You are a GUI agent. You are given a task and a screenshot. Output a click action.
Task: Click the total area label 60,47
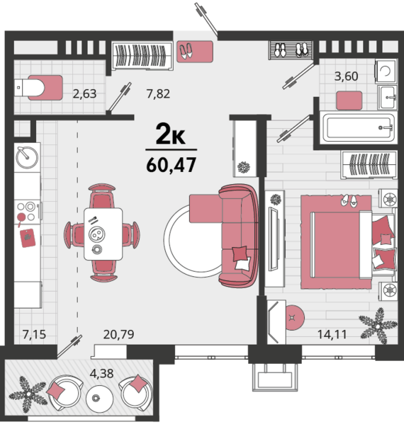[172, 165]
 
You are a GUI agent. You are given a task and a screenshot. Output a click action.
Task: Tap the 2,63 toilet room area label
[84, 94]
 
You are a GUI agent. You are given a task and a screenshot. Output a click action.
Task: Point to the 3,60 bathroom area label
[346, 76]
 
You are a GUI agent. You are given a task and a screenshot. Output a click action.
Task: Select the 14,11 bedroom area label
[332, 334]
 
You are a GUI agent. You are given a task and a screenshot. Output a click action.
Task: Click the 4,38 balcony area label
[101, 374]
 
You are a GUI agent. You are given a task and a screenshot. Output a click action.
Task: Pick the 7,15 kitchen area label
[34, 334]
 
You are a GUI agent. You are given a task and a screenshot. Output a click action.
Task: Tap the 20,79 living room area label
[118, 334]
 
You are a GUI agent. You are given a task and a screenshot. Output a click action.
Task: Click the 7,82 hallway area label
[158, 94]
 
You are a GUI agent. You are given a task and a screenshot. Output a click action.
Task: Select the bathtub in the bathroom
[359, 127]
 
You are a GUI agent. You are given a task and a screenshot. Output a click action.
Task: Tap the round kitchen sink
[27, 158]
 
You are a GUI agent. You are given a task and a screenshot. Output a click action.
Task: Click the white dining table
[103, 234]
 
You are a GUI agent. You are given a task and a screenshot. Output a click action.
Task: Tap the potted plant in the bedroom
[378, 326]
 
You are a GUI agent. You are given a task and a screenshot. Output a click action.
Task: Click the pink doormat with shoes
[195, 52]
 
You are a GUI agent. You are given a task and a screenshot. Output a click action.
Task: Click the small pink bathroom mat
[349, 101]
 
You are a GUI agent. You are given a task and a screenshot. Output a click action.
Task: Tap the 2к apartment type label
[170, 134]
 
